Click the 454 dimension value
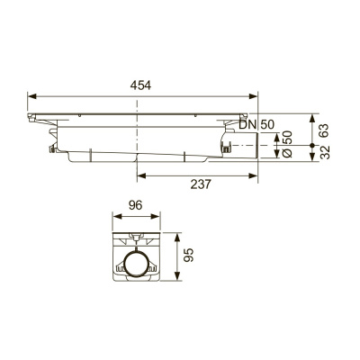(x=140, y=85)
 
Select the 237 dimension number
(x=201, y=184)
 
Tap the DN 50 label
(x=256, y=124)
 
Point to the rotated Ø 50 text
(x=287, y=144)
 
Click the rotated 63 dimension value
(x=324, y=130)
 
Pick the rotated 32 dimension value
(x=324, y=152)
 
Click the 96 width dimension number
(x=135, y=205)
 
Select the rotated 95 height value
(x=189, y=256)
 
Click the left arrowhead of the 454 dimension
(x=31, y=96)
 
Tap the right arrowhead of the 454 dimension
(x=254, y=96)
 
